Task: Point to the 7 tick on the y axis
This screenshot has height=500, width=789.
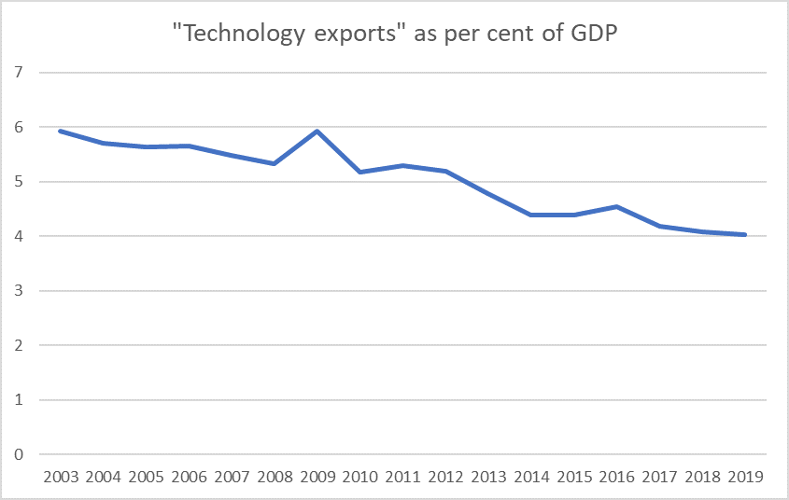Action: click(x=18, y=73)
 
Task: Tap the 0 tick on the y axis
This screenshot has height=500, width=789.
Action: click(x=18, y=455)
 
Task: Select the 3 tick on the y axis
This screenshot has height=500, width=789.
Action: click(x=18, y=291)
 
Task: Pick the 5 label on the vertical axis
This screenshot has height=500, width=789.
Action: click(x=18, y=182)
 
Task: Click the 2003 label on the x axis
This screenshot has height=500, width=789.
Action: click(x=61, y=477)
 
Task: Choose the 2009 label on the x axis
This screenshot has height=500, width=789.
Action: click(x=317, y=477)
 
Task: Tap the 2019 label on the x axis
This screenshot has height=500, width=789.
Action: click(x=745, y=477)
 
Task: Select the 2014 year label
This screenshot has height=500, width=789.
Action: click(x=531, y=477)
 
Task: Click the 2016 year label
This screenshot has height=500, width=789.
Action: click(x=617, y=477)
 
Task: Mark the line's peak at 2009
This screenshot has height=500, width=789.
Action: click(x=317, y=131)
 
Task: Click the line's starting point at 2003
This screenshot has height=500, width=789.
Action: click(x=61, y=131)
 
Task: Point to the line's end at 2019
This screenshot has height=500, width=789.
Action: click(x=745, y=235)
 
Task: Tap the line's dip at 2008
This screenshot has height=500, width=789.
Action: click(x=275, y=163)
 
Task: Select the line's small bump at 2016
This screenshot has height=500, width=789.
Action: click(x=617, y=206)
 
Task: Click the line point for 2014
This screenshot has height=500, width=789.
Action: click(x=531, y=215)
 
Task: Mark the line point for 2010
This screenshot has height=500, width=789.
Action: click(x=360, y=172)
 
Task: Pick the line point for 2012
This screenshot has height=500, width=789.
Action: click(x=445, y=171)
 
